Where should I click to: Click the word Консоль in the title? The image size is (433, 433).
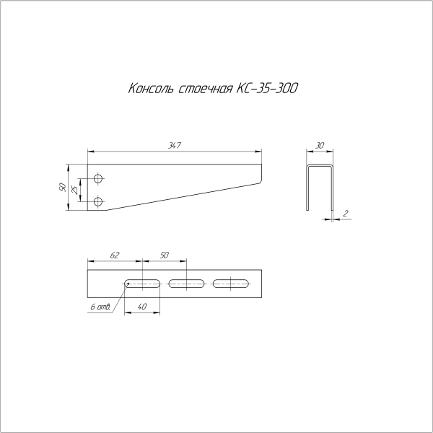pyautogui.click(x=150, y=89)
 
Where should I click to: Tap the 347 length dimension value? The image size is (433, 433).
pyautogui.click(x=174, y=146)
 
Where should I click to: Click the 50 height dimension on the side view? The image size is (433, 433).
pyautogui.click(x=64, y=187)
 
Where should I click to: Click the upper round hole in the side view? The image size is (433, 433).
pyautogui.click(x=99, y=177)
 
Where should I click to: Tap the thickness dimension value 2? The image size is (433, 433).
pyautogui.click(x=346, y=214)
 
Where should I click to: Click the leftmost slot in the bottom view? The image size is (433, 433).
pyautogui.click(x=142, y=284)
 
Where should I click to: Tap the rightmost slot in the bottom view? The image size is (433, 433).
pyautogui.click(x=230, y=284)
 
